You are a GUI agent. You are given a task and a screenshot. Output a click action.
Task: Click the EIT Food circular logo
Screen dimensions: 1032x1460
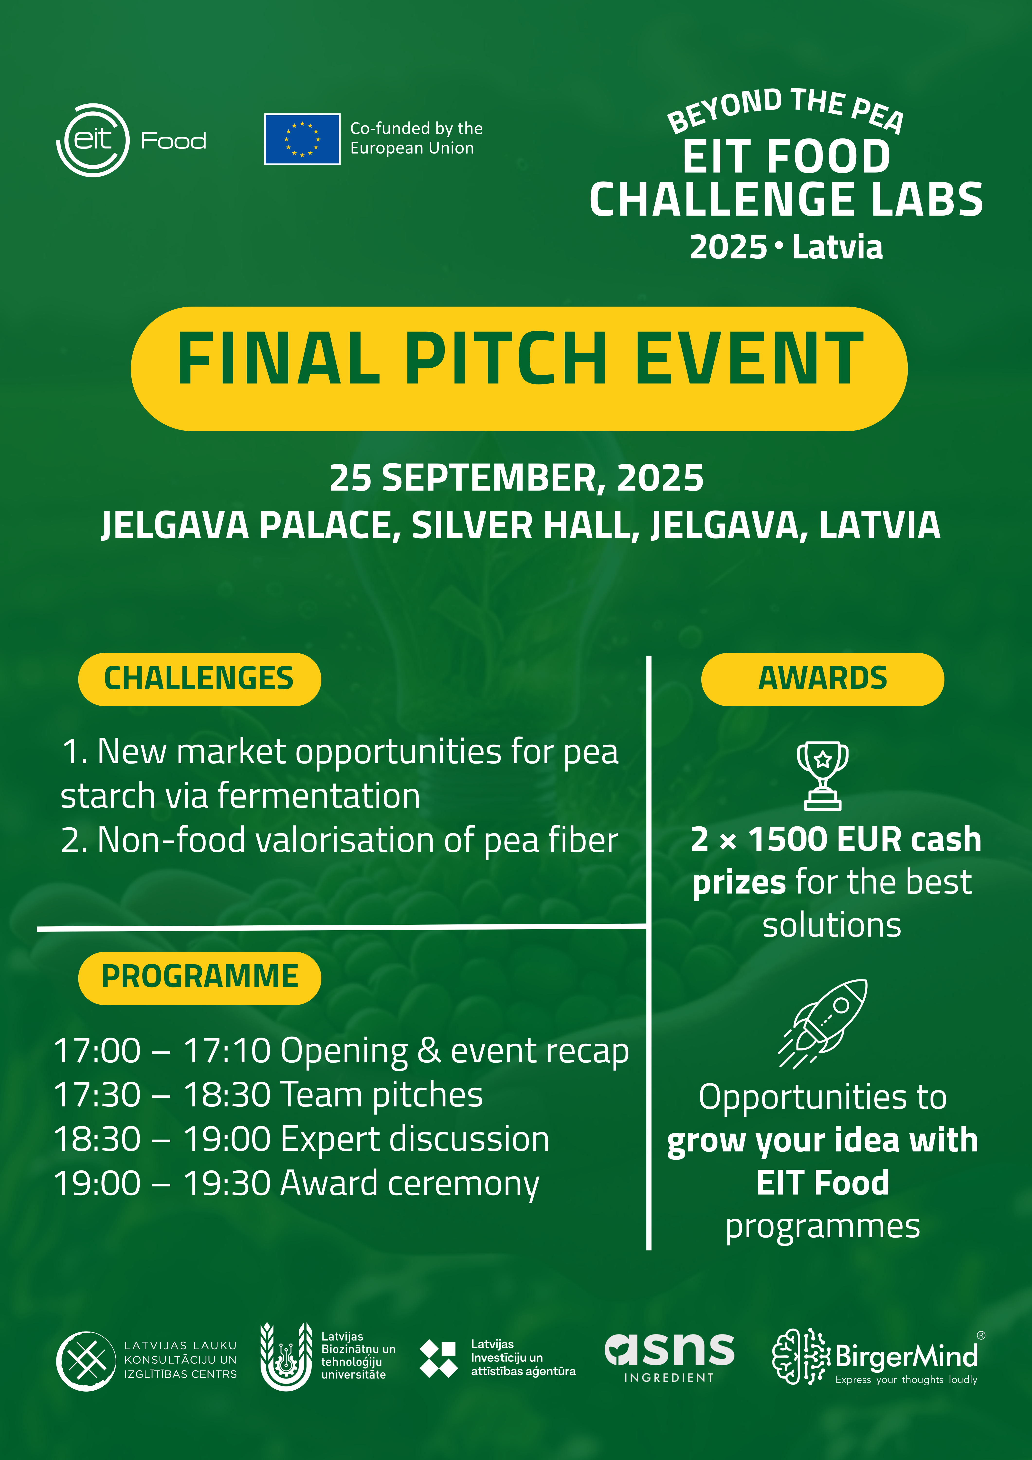(93, 140)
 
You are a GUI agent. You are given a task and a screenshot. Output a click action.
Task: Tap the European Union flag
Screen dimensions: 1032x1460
(302, 139)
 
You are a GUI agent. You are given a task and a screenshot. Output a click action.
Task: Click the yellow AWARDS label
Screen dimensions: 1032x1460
(823, 679)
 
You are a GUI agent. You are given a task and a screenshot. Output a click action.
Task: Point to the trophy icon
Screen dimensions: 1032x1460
(823, 775)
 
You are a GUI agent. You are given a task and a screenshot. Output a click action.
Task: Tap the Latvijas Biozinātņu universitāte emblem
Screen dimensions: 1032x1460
(286, 1356)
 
